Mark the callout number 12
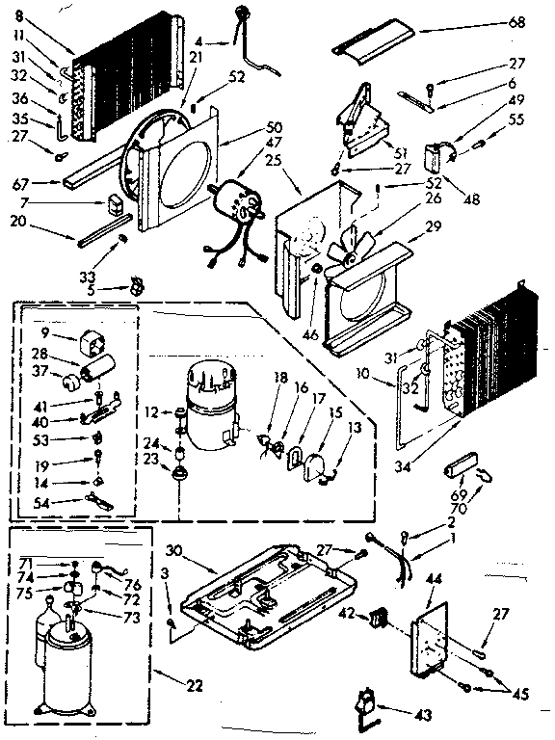pyautogui.click(x=151, y=412)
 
